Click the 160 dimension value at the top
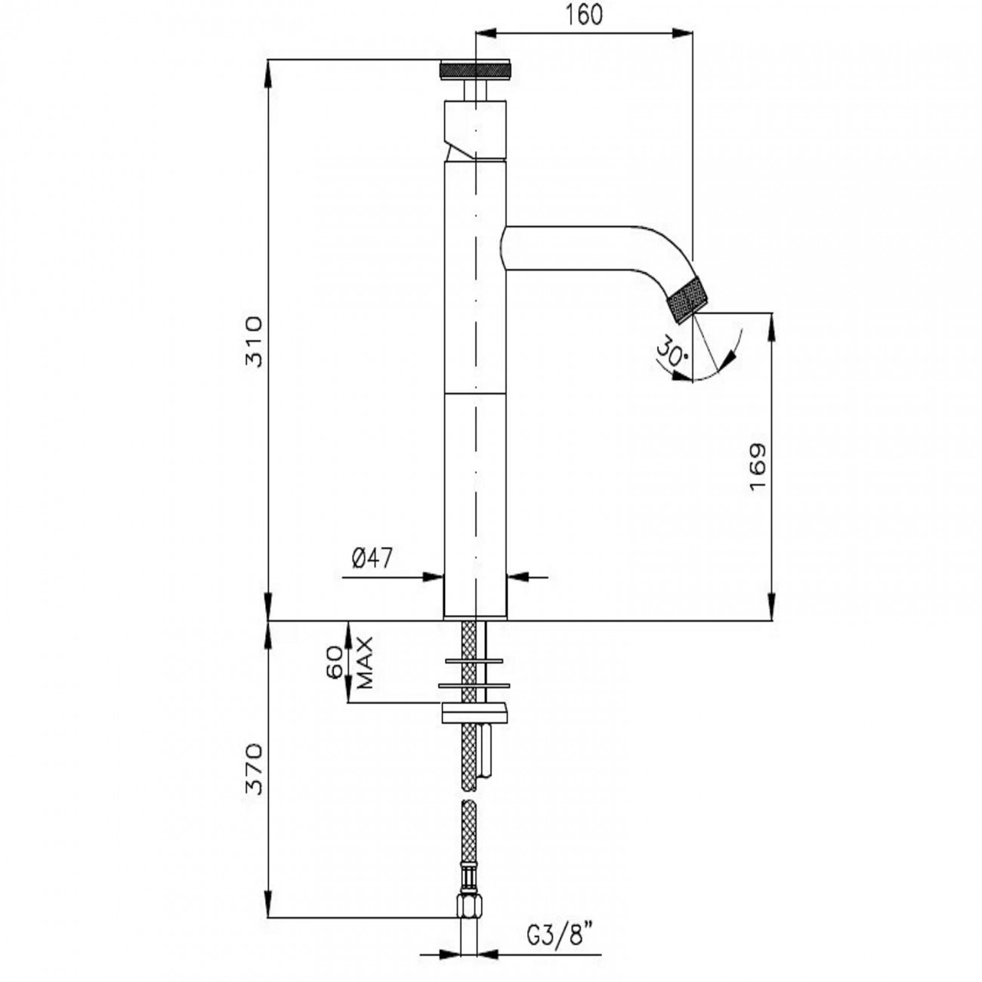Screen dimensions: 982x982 [584, 15]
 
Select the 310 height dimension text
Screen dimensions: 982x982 [253, 341]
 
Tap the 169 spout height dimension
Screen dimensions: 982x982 [758, 467]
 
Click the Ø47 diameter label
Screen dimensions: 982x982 [372, 558]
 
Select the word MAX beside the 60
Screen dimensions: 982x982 [365, 662]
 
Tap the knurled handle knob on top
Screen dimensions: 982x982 [475, 69]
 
